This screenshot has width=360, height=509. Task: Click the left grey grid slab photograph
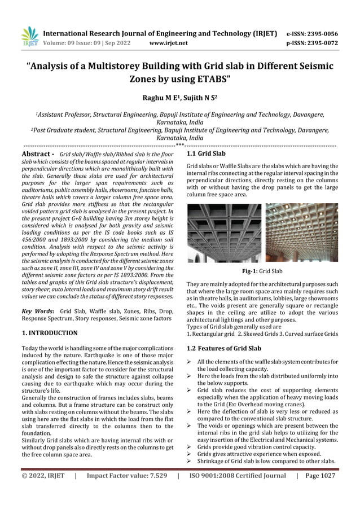pyautogui.click(x=223, y=232)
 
